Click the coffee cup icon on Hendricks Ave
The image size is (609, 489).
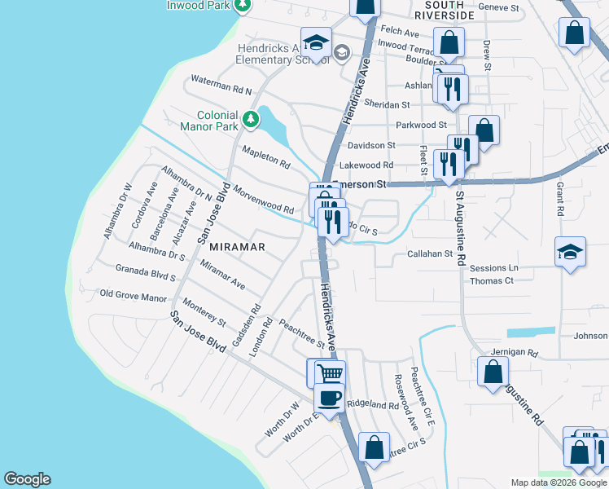click(330, 399)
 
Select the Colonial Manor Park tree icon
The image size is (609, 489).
click(252, 120)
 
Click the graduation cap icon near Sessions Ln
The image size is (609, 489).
click(570, 251)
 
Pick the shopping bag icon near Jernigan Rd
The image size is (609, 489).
click(493, 372)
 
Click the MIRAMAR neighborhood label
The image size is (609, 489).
click(238, 246)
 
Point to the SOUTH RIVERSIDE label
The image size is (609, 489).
click(444, 9)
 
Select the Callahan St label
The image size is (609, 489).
click(429, 254)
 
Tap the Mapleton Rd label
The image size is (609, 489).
click(266, 157)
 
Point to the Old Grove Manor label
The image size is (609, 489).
click(133, 295)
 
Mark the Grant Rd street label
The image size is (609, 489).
click(560, 198)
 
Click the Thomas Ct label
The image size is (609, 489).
click(492, 281)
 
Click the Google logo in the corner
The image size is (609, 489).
click(27, 480)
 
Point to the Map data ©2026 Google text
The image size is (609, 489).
click(558, 482)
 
